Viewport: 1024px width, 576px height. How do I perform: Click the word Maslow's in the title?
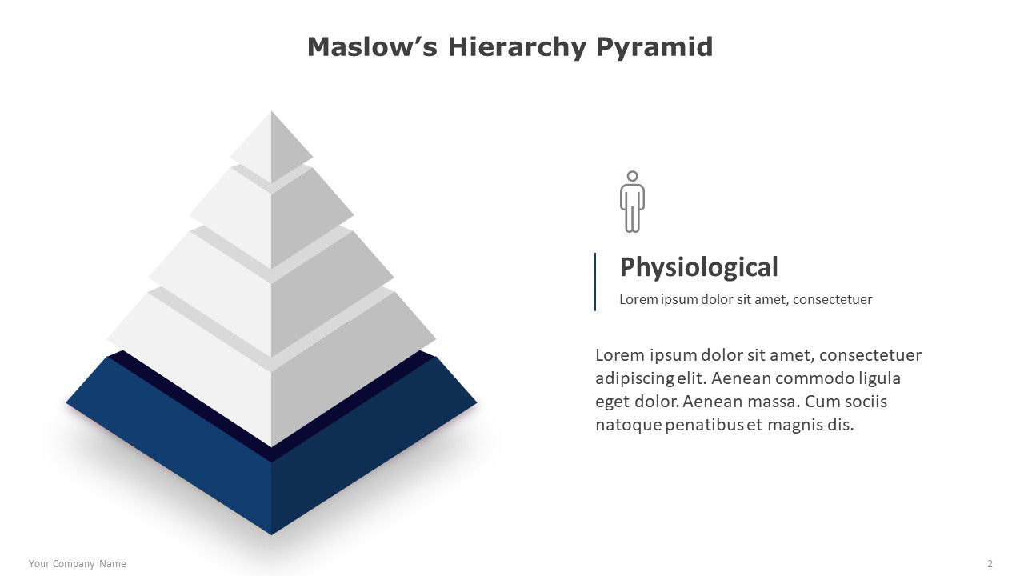click(372, 47)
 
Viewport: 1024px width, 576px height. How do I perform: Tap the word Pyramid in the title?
click(654, 48)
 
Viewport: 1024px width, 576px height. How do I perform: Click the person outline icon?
click(632, 202)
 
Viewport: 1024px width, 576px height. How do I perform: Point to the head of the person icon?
click(632, 177)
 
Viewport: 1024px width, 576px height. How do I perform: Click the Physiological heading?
click(698, 267)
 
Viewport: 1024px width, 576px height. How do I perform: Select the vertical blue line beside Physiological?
click(594, 282)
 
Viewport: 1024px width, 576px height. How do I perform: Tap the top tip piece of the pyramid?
click(271, 146)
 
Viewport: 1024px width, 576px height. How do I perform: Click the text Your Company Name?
click(78, 564)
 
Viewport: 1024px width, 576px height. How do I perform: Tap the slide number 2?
click(990, 564)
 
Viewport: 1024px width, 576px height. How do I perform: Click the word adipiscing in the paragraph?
click(634, 379)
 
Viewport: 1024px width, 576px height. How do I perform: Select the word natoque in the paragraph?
click(629, 426)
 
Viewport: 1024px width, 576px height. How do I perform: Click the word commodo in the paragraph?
click(814, 378)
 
